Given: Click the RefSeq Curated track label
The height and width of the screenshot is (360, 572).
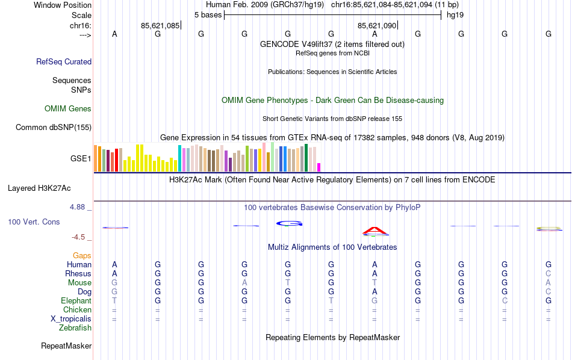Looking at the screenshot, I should click(64, 61).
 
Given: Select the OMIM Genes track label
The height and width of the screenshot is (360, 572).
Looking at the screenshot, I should click(68, 109).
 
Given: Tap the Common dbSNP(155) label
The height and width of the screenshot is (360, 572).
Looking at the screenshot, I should click(54, 127).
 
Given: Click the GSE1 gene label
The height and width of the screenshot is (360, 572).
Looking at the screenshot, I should click(81, 159).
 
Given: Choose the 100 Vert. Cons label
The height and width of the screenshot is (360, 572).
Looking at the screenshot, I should click(34, 222).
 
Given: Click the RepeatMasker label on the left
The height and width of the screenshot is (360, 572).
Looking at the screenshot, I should click(66, 346).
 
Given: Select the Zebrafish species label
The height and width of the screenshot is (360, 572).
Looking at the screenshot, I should click(75, 328).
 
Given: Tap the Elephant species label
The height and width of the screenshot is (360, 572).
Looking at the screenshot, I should click(76, 301).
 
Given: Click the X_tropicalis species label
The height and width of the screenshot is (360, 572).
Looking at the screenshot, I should click(70, 319).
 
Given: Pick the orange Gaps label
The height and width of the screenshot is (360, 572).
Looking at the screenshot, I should click(82, 256).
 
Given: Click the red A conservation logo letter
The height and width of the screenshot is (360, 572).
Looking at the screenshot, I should click(375, 230).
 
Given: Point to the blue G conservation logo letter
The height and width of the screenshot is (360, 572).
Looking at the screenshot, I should click(289, 223).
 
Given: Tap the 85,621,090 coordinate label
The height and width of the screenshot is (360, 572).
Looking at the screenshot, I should click(377, 26).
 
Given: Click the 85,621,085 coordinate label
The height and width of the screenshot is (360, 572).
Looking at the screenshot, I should click(160, 26).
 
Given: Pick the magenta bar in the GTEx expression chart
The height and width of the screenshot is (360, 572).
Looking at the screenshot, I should click(319, 167).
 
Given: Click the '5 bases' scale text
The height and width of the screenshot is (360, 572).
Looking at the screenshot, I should click(208, 14).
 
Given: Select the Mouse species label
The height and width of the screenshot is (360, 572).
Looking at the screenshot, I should click(79, 283).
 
